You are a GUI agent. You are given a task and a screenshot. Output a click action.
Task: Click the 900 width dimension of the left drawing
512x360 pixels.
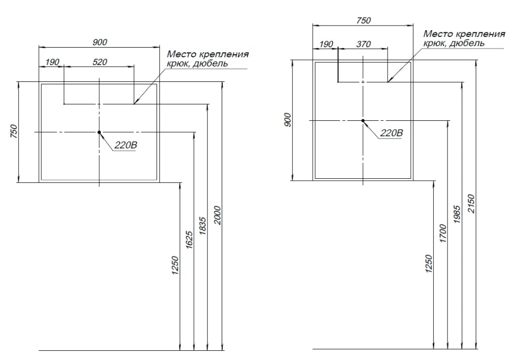pos(100,42)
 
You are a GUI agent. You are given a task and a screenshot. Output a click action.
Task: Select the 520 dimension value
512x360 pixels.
pos(100,62)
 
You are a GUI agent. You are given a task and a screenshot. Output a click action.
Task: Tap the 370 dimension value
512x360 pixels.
pos(364,44)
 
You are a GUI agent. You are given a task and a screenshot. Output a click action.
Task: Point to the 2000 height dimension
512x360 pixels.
pos(218,215)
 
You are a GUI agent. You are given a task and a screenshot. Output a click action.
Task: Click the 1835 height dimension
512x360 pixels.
pos(203,226)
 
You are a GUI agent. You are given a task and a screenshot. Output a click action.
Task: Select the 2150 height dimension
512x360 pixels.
pos(472,204)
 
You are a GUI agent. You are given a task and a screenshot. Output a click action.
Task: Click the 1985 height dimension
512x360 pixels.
pos(457,214)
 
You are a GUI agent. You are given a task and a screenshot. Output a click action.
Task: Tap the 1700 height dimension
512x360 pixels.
pos(443,233)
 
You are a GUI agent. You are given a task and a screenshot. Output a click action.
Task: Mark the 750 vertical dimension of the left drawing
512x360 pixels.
pos(14,131)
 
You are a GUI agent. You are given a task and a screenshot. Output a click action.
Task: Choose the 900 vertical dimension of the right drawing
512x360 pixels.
pos(287,120)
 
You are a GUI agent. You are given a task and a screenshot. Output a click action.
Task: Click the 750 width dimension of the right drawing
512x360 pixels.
pos(364,20)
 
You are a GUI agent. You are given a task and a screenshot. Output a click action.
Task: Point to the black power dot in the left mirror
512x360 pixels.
pos(99,132)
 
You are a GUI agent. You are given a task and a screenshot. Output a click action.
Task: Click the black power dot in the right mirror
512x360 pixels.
pos(363,120)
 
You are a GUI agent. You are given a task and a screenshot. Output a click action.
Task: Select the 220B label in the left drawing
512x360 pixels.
pos(126,145)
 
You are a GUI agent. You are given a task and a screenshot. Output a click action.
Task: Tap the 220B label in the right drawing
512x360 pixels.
pos(392,133)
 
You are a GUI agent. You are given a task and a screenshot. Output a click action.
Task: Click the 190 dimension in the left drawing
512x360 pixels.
pos(52,62)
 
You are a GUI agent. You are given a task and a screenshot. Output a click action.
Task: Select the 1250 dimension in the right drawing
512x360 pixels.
pos(429,264)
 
